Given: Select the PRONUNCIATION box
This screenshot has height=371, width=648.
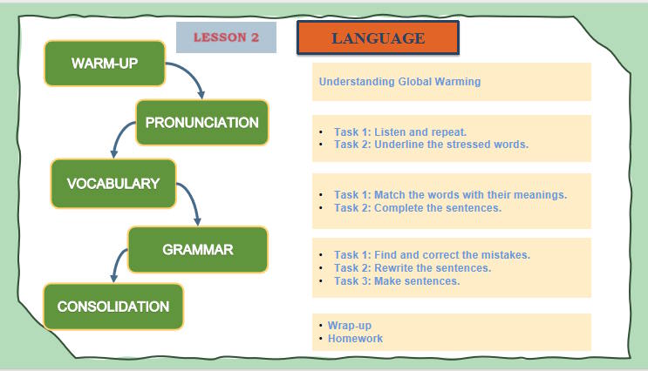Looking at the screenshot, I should coord(201,122).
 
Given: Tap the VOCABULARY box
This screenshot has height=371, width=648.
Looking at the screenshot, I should coord(113,183).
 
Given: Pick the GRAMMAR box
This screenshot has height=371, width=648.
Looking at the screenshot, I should coord(198,250).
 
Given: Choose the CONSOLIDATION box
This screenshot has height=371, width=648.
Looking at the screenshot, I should coord(113,307).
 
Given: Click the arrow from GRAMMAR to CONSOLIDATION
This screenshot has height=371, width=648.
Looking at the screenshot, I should coord(119,264).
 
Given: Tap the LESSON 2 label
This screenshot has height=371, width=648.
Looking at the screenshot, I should coord(226,37).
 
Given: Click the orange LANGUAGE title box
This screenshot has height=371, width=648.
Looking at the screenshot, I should coord(378,38).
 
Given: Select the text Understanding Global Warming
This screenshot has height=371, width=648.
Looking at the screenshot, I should coord(399,82).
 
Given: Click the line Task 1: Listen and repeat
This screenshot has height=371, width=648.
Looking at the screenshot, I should coord(393,132).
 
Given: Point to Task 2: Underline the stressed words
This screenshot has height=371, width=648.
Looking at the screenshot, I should coord(431,145).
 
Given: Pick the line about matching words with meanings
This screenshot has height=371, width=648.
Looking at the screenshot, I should coord(450,195).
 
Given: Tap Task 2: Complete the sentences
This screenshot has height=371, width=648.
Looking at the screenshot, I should coord(417,208).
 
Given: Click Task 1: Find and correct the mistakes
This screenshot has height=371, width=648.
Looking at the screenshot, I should coord(432,255).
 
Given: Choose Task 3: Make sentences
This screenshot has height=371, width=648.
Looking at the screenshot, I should coord(397,281).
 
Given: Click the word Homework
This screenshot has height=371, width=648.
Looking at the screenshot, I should coord(355,339).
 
